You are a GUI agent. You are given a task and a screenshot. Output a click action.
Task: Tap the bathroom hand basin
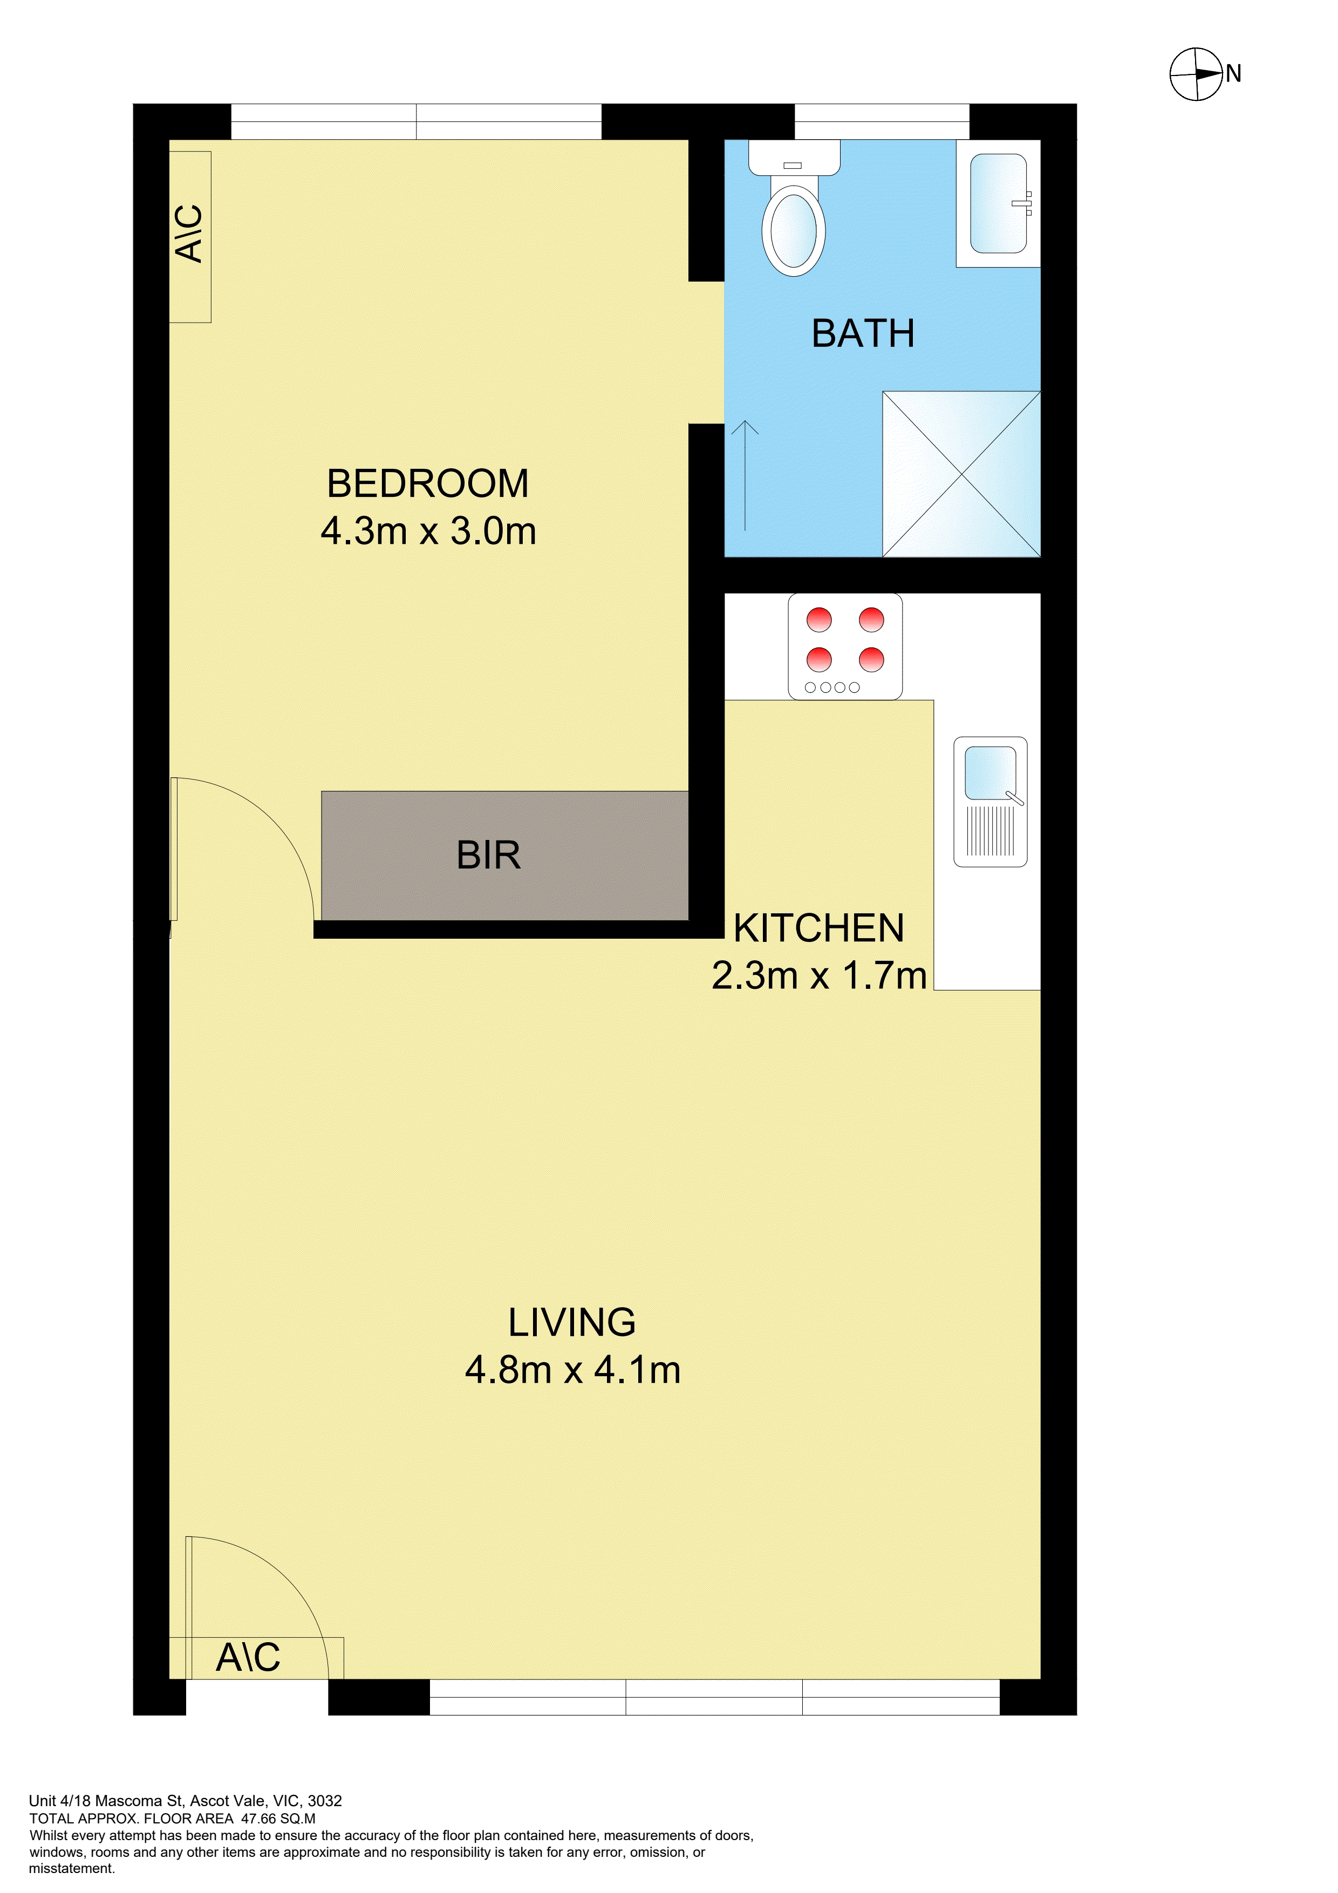click(999, 203)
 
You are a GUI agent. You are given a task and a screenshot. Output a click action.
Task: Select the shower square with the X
click(961, 474)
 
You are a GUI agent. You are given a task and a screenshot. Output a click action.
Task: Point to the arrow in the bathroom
click(745, 475)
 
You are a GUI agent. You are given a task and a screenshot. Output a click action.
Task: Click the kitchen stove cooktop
click(845, 647)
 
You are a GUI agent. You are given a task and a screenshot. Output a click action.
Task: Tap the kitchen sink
click(990, 802)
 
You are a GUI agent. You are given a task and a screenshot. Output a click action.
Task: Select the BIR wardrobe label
click(489, 856)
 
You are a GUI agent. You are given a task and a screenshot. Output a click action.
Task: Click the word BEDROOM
click(428, 483)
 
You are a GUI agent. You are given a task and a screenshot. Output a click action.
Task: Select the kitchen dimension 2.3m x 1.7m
click(820, 976)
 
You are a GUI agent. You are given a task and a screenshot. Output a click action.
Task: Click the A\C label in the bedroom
click(190, 234)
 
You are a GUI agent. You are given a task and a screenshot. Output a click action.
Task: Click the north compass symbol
click(1196, 74)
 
